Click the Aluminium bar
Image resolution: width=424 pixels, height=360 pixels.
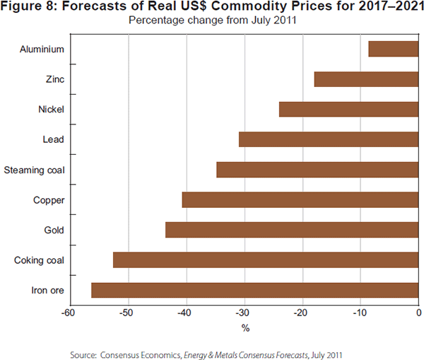pos(394,49)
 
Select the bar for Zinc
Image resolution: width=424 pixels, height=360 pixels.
pos(366,79)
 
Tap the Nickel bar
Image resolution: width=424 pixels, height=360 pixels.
pos(348,109)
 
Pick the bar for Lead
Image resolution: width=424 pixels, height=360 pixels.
pos(329,139)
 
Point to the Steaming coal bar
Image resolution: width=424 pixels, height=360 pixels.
pos(317,170)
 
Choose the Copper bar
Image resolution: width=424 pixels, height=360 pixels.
pos(300,200)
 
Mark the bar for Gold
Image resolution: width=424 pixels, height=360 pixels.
pos(292,230)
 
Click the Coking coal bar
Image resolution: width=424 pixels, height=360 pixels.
pos(266,260)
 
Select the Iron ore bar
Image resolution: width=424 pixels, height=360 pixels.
pos(255,290)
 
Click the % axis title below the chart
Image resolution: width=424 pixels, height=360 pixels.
pos(245,327)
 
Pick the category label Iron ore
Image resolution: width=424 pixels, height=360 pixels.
pos(48,290)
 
